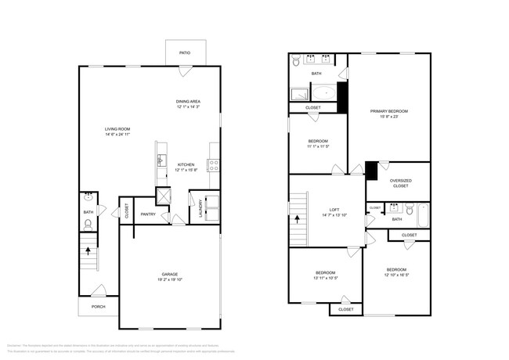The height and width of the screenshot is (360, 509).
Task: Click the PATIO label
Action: (x=185, y=52)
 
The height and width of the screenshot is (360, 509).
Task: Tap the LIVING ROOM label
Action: (x=117, y=129)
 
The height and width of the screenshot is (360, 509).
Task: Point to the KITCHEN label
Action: (x=186, y=164)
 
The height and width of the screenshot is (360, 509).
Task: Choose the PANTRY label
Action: (x=148, y=214)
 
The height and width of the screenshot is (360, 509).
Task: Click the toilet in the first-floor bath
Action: (x=88, y=224)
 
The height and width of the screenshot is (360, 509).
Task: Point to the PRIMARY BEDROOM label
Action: (x=389, y=111)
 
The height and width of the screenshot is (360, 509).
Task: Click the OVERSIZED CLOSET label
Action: (x=400, y=183)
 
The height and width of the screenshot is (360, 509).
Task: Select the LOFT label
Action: (x=334, y=210)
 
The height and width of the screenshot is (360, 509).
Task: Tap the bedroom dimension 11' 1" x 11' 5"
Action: (x=317, y=146)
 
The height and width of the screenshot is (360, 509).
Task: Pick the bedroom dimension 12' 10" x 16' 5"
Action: (x=398, y=275)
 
